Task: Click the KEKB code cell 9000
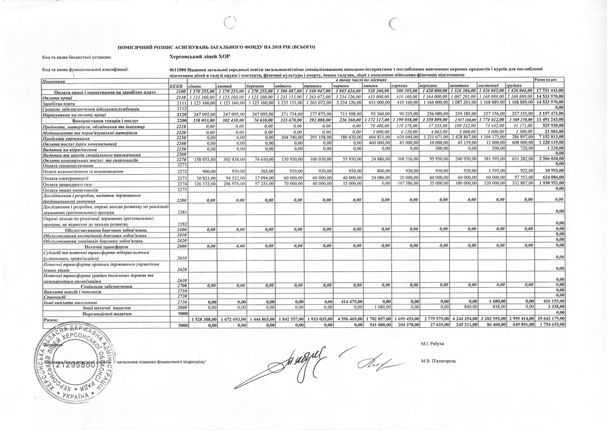[180, 313]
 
